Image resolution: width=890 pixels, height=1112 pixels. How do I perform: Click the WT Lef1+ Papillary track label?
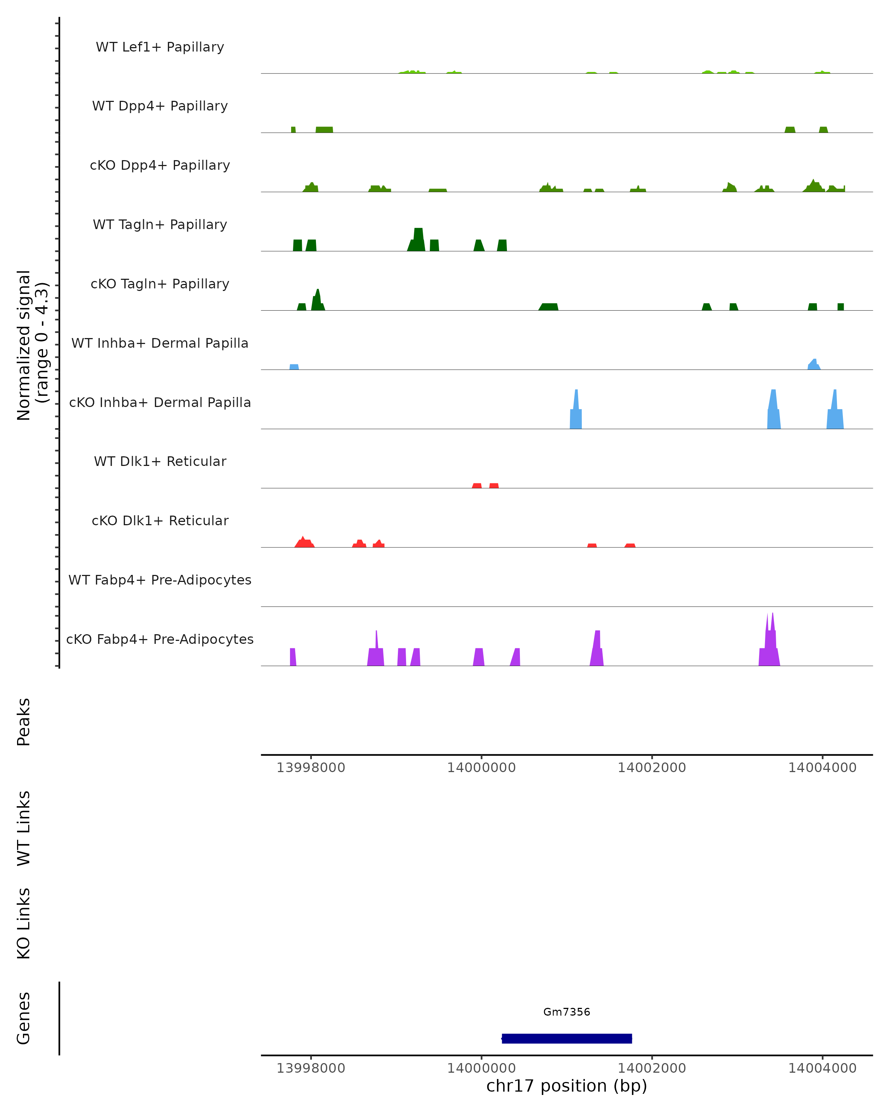tap(160, 47)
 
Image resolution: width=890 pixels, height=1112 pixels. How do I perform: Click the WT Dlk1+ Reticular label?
tap(160, 461)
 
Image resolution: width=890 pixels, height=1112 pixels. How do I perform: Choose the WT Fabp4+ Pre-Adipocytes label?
tap(160, 580)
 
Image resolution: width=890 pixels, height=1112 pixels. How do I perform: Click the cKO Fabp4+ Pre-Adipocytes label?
tap(160, 639)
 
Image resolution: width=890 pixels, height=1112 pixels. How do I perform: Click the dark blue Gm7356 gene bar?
tap(567, 1038)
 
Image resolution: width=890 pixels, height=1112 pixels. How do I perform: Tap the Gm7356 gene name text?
tap(567, 1012)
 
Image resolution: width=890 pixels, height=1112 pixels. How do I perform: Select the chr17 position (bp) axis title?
tap(567, 1086)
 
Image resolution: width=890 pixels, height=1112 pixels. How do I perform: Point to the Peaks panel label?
tap(24, 722)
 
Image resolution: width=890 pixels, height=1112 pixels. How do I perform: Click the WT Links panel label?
tap(24, 828)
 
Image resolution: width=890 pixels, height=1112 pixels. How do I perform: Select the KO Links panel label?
tap(24, 923)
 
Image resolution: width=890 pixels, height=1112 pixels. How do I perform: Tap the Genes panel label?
tap(24, 1018)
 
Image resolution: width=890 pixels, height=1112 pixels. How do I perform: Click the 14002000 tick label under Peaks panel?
tap(652, 768)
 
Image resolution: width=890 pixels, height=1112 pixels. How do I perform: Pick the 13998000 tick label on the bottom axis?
tap(311, 1068)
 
